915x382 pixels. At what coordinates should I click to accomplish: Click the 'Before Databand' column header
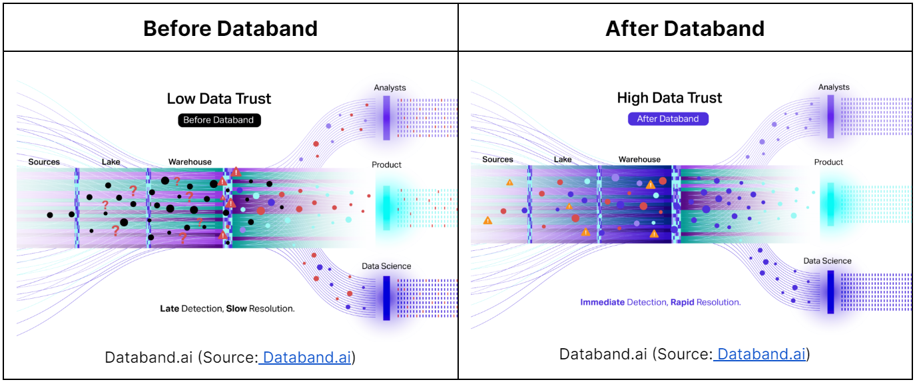point(230,29)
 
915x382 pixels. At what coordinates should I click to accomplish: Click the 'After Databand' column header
point(685,29)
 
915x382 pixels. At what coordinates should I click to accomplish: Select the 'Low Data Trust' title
point(219,99)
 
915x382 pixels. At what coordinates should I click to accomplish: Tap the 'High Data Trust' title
point(669,98)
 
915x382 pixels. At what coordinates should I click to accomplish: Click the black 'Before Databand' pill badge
point(219,120)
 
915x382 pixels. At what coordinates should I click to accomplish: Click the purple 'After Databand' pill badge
point(668,119)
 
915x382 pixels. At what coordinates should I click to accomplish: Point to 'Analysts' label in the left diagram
point(390,88)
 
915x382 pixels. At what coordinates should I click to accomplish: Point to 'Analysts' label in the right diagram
point(834,87)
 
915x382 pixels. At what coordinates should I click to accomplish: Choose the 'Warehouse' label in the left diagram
point(190,162)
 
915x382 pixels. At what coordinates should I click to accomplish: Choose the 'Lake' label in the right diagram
point(563,160)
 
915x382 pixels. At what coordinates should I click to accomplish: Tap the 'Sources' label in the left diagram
point(44,162)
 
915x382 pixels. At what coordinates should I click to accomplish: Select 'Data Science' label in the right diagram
point(827,261)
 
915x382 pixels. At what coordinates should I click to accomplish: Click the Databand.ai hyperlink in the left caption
point(307,357)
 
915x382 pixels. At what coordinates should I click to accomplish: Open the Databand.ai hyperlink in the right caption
point(762,354)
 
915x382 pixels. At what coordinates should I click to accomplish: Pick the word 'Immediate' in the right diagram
point(602,302)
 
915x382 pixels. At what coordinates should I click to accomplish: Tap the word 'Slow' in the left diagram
point(236,309)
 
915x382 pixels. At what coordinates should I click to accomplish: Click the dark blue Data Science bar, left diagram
point(386,297)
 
